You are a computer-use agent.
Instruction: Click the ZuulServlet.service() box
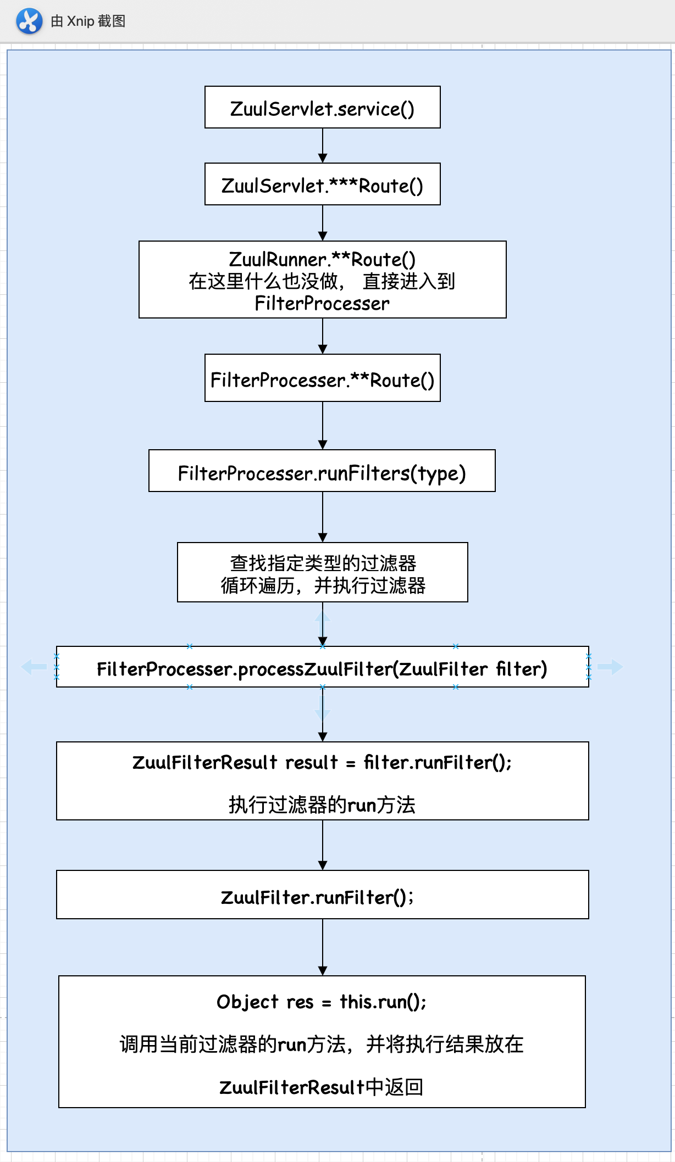(x=322, y=108)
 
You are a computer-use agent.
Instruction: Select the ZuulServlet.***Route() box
(x=322, y=185)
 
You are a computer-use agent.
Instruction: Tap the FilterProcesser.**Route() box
(x=322, y=378)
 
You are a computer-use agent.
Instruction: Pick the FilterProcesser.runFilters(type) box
(x=322, y=471)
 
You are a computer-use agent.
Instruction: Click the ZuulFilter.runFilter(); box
(x=322, y=895)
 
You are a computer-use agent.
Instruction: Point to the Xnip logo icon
(x=29, y=21)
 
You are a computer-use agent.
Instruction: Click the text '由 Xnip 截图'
(x=88, y=21)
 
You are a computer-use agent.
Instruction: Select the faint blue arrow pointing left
(x=34, y=667)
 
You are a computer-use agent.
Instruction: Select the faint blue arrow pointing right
(x=610, y=667)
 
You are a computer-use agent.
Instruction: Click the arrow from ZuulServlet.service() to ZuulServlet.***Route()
(x=323, y=146)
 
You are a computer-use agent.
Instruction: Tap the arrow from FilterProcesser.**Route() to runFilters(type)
(x=323, y=426)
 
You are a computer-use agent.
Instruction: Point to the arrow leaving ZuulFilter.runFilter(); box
(x=323, y=947)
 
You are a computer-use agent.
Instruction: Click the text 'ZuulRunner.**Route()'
(x=322, y=259)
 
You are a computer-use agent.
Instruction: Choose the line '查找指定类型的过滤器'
(x=323, y=563)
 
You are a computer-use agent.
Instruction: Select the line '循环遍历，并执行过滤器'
(x=323, y=586)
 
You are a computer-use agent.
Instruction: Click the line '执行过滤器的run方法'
(x=322, y=805)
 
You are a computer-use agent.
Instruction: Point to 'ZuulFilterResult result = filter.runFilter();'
(x=322, y=762)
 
